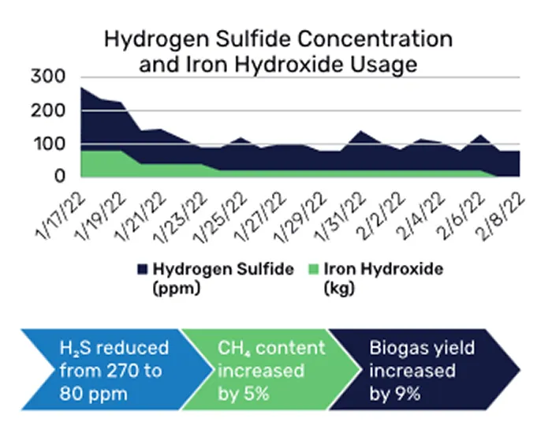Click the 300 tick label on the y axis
coord(48,76)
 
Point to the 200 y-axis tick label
coord(48,110)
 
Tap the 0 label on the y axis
coord(60,176)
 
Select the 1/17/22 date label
coord(61,215)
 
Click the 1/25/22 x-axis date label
coord(221,217)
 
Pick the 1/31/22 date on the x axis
coord(341,217)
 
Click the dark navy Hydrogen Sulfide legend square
coord(142,270)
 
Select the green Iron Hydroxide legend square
coord(313,270)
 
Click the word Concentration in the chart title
coord(375,39)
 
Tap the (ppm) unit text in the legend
coord(177,288)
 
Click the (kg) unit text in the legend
coord(338,288)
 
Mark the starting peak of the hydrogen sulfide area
coord(81,88)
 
